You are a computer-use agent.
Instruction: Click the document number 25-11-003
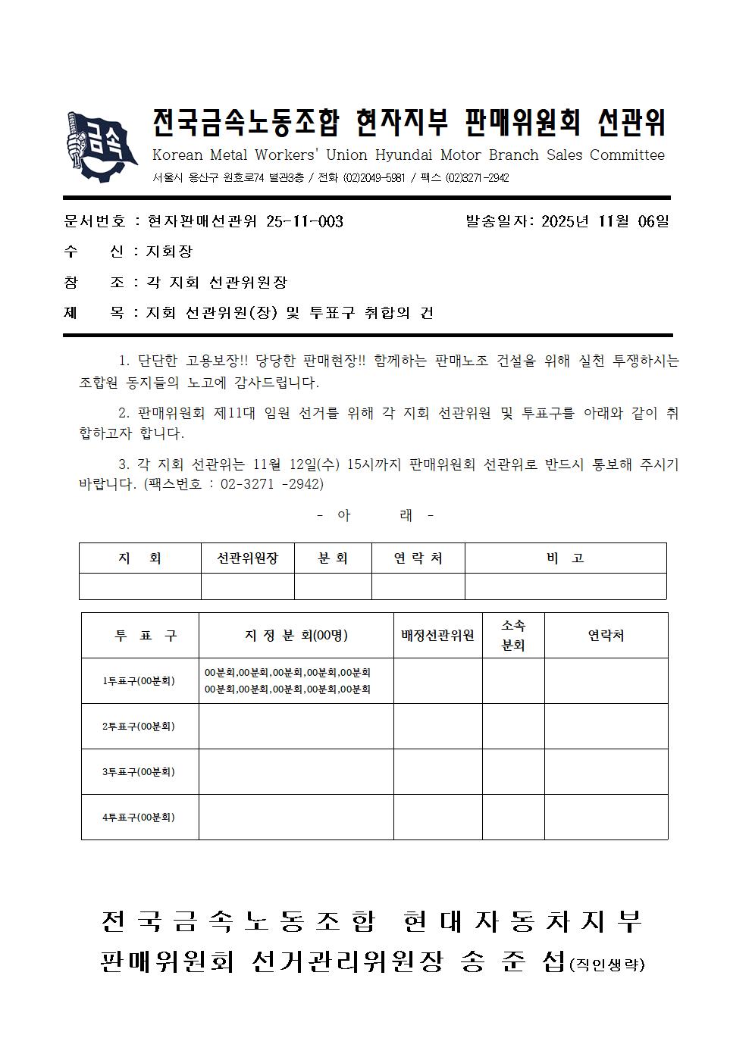(x=305, y=221)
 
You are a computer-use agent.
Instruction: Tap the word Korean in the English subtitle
(x=177, y=155)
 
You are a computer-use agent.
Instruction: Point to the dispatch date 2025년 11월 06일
(x=605, y=221)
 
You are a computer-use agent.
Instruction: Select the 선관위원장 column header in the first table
(x=247, y=558)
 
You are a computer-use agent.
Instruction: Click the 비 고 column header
(x=565, y=558)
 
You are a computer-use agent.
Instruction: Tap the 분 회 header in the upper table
(x=332, y=558)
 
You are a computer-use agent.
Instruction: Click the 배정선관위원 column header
(x=437, y=636)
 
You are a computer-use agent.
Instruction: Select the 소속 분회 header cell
(x=513, y=636)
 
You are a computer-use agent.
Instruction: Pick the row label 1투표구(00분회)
(x=139, y=681)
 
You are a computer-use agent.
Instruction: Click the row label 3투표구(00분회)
(x=139, y=772)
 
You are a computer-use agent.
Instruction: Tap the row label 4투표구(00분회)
(x=139, y=818)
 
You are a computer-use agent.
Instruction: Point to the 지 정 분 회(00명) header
(x=296, y=636)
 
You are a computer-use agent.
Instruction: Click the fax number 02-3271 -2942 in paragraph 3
(x=271, y=484)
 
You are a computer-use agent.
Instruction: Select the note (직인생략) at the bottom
(x=606, y=965)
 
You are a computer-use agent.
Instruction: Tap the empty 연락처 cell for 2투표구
(x=606, y=727)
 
